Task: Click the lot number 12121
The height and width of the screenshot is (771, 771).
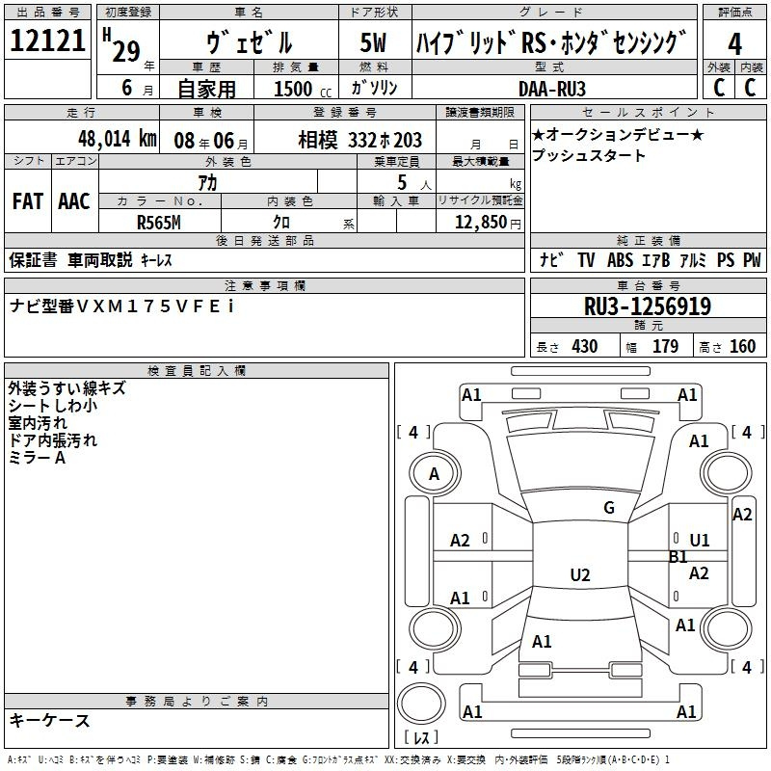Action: (47, 40)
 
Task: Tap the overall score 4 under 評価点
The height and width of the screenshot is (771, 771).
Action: (734, 44)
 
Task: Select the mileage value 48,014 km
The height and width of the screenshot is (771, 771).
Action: (118, 139)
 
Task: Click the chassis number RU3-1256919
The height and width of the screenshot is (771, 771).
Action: (648, 306)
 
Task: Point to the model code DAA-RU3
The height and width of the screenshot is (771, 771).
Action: (552, 89)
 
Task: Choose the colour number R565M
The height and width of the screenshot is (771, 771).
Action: (159, 223)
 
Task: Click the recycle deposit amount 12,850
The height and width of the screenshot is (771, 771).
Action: (481, 223)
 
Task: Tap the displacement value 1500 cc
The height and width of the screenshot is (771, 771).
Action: (303, 89)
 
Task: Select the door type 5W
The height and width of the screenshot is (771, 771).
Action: (373, 42)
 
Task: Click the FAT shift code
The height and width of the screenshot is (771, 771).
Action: (28, 201)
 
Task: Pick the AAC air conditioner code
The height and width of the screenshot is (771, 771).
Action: (74, 201)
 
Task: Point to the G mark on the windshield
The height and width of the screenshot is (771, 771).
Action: (609, 508)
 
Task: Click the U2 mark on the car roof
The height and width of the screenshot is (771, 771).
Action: (580, 574)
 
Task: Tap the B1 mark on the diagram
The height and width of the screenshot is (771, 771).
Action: (678, 557)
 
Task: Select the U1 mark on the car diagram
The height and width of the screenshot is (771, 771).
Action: (700, 541)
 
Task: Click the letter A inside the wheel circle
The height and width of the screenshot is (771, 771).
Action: (434, 474)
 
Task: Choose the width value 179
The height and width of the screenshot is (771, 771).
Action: (665, 346)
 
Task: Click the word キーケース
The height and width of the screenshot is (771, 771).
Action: (50, 720)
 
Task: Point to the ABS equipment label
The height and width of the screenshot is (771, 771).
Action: (620, 259)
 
